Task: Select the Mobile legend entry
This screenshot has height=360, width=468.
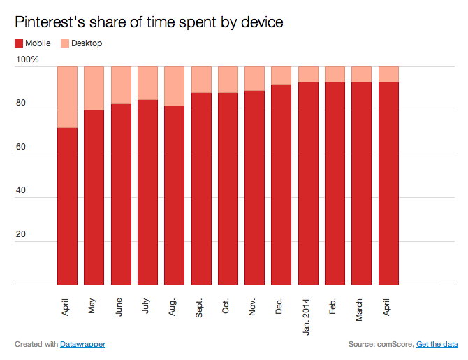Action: pos(32,43)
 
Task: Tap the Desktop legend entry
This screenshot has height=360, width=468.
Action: pos(86,43)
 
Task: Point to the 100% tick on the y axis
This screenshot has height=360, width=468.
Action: pos(28,60)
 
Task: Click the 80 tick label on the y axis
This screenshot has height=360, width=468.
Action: pos(22,104)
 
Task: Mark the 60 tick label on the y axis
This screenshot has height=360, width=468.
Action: pos(22,147)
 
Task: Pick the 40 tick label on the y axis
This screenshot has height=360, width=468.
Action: pos(22,192)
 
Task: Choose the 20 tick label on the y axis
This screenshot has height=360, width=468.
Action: pos(22,235)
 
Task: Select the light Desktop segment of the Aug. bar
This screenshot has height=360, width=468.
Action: pos(174,86)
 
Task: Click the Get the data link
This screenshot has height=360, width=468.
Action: pos(437,345)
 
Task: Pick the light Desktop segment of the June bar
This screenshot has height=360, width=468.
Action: pos(121,85)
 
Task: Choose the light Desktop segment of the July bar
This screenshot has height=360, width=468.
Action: pos(147,83)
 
